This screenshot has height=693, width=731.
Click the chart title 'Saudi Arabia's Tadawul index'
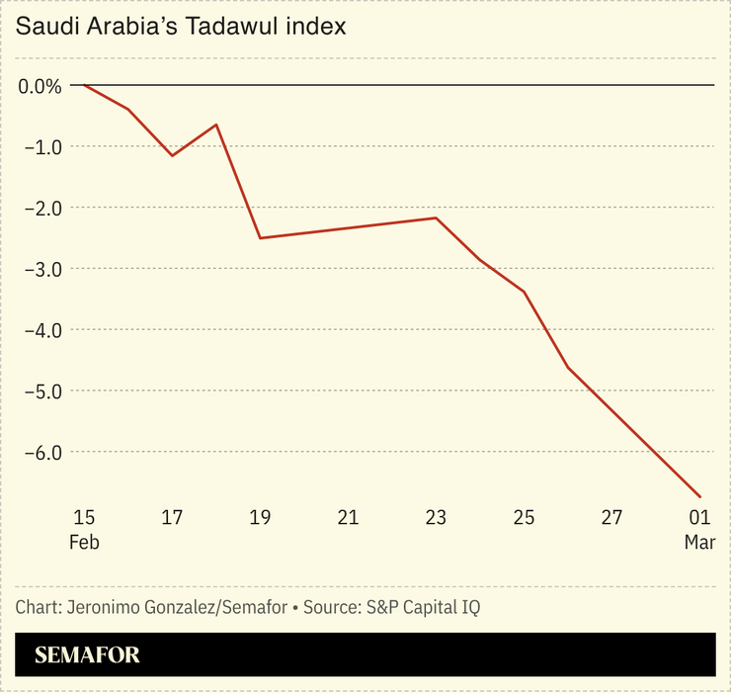click(x=181, y=27)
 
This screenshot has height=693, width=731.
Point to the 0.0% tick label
click(x=40, y=86)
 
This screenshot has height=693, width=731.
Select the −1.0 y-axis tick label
click(x=40, y=147)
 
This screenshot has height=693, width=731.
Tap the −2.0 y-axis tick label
click(x=40, y=208)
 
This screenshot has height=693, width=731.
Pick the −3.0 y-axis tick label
click(x=40, y=269)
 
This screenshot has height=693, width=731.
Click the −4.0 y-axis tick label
click(x=40, y=329)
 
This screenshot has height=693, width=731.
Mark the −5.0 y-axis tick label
click(x=40, y=390)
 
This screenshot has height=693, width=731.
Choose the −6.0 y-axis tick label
click(x=40, y=452)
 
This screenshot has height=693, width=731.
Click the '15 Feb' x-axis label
click(x=85, y=529)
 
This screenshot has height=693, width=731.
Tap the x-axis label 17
click(x=172, y=517)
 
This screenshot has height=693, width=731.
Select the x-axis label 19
click(x=260, y=517)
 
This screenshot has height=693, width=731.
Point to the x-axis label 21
click(x=348, y=517)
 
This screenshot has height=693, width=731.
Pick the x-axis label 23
click(x=436, y=517)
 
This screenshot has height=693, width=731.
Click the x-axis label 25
click(x=524, y=517)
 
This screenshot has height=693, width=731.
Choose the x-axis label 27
click(x=611, y=517)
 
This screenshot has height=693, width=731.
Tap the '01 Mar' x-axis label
click(x=699, y=529)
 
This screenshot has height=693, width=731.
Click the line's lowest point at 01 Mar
click(x=700, y=496)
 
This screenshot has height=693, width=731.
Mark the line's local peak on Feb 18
click(x=216, y=125)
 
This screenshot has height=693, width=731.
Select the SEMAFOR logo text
click(x=87, y=654)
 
